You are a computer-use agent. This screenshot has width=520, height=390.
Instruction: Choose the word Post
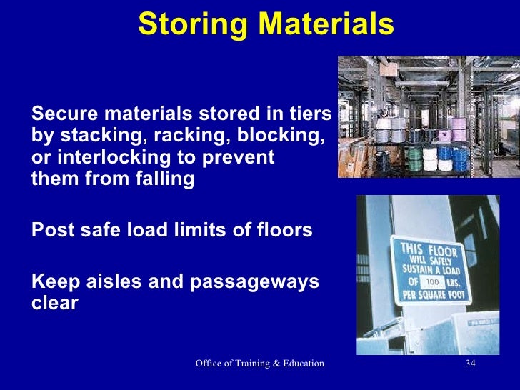(x=50, y=231)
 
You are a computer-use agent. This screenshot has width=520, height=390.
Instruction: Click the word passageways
(x=253, y=281)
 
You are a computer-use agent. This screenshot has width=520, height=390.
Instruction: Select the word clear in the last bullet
(x=55, y=303)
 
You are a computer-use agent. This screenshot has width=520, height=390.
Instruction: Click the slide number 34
(x=470, y=364)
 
